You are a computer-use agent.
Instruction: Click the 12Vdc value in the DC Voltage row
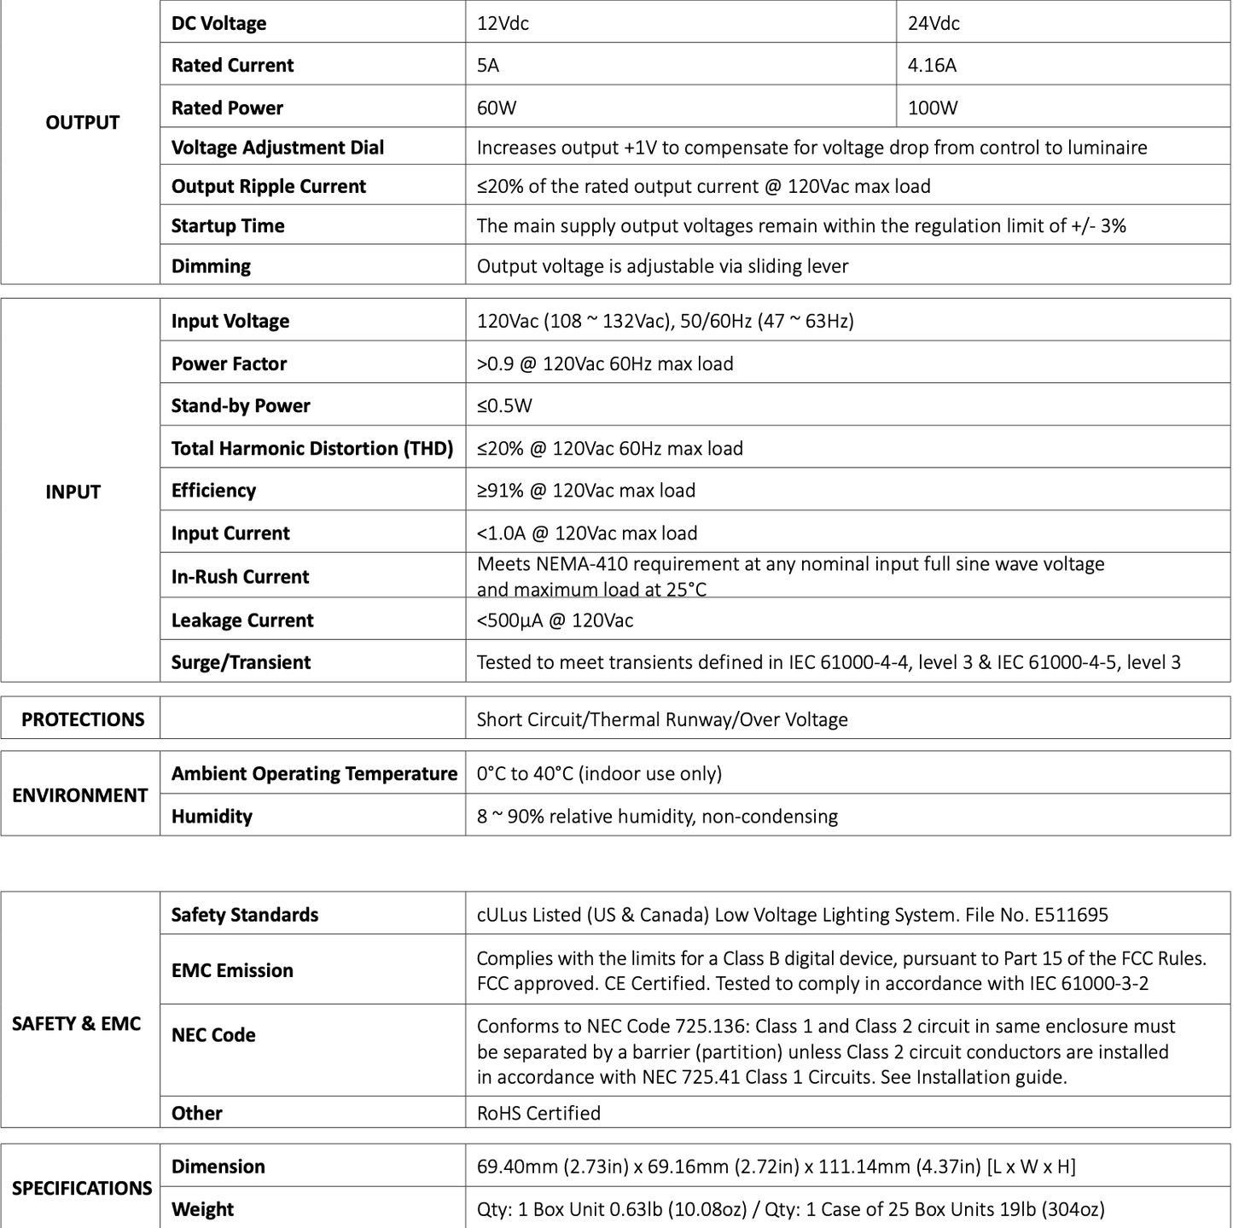click(x=503, y=23)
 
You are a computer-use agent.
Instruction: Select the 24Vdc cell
click(x=933, y=23)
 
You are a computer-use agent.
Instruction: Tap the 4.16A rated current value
click(x=932, y=65)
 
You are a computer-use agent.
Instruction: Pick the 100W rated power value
click(x=933, y=108)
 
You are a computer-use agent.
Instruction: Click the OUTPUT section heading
click(x=82, y=122)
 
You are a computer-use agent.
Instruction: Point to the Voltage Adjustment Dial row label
click(x=277, y=148)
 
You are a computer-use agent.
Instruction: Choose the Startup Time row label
click(x=228, y=225)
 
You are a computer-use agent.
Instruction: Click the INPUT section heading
click(x=73, y=492)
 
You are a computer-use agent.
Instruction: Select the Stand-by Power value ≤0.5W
click(x=504, y=405)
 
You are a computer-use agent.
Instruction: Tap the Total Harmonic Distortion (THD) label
click(x=311, y=448)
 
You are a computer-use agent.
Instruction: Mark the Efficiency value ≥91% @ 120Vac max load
click(x=585, y=490)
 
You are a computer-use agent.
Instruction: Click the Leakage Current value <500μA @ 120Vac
click(x=555, y=620)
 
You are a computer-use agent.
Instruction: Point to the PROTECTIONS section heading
click(x=83, y=719)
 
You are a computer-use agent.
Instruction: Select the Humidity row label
click(x=212, y=816)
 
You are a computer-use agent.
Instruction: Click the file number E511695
click(x=1071, y=915)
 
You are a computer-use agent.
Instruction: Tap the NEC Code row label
click(x=213, y=1034)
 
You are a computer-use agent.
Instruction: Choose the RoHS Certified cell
click(x=538, y=1113)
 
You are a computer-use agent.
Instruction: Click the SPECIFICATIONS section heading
click(x=82, y=1188)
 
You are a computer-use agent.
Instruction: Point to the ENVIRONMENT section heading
click(x=80, y=794)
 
